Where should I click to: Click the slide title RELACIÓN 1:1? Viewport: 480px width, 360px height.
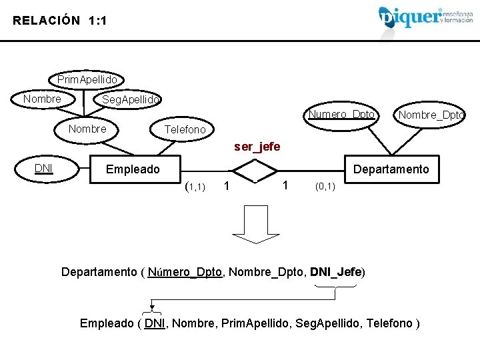[59, 21]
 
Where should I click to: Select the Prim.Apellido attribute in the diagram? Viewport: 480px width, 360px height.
[87, 80]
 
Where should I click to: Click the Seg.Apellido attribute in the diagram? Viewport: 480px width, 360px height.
[130, 99]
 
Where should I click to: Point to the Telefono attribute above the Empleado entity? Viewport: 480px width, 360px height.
[185, 129]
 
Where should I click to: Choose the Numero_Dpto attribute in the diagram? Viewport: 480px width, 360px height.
[341, 115]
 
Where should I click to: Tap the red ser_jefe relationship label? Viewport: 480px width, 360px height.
[257, 146]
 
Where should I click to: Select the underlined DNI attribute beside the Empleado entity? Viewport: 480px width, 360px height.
[44, 168]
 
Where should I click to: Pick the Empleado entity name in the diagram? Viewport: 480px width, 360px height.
[133, 169]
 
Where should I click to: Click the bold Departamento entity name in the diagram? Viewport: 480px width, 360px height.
[391, 169]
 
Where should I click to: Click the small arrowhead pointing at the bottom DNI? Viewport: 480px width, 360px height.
[153, 309]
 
